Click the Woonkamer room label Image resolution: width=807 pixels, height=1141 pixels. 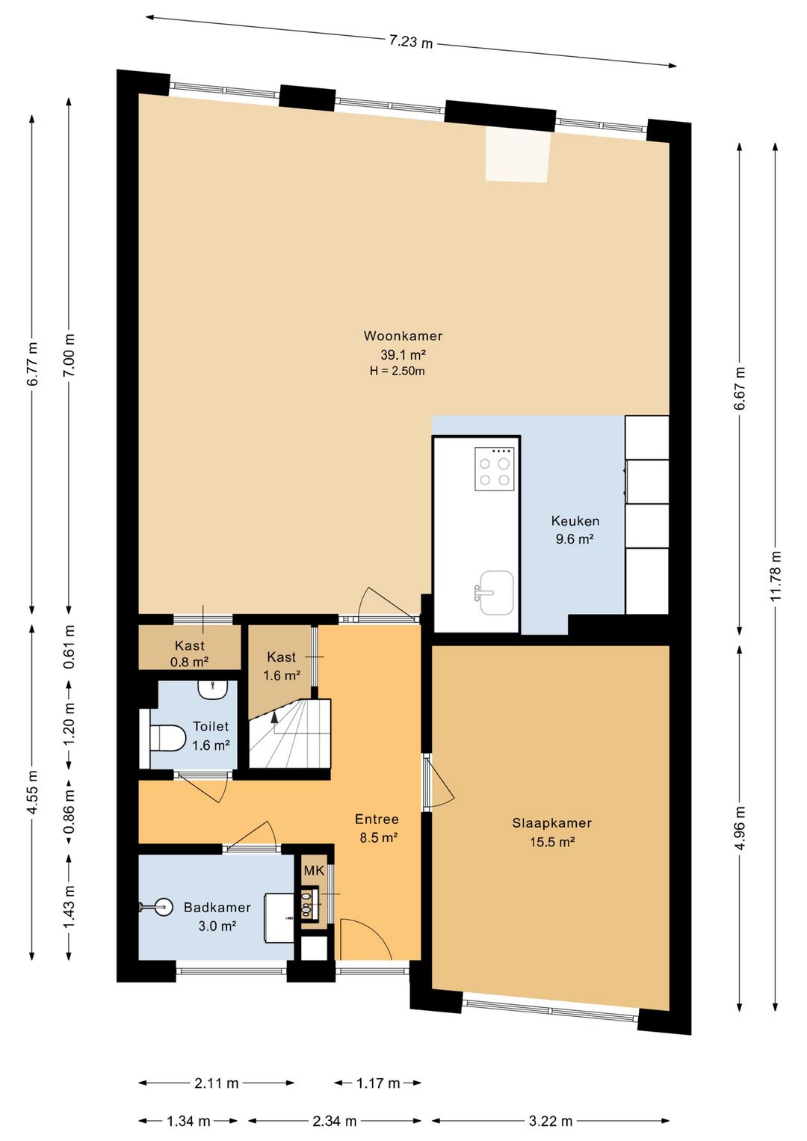pyautogui.click(x=403, y=336)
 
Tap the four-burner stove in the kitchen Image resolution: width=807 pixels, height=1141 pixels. pyautogui.click(x=495, y=469)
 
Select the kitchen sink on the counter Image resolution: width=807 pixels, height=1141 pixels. pyautogui.click(x=495, y=592)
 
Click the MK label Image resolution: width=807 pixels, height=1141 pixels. pyautogui.click(x=314, y=870)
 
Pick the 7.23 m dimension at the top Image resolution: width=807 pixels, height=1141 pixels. pyautogui.click(x=411, y=42)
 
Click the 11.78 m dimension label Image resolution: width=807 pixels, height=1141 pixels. pyautogui.click(x=775, y=576)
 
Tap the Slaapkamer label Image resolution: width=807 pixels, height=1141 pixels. pyautogui.click(x=552, y=823)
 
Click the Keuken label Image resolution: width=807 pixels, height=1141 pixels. pyautogui.click(x=575, y=520)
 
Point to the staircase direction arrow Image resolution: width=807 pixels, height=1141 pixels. pyautogui.click(x=274, y=717)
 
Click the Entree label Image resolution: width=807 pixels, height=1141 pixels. pyautogui.click(x=377, y=819)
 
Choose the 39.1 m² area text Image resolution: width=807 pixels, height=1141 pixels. pyautogui.click(x=403, y=354)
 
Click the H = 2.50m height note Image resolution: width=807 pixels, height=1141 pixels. pyautogui.click(x=397, y=371)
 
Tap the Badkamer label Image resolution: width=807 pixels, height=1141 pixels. pyautogui.click(x=217, y=907)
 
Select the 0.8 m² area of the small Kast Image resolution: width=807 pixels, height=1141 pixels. pyautogui.click(x=189, y=662)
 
